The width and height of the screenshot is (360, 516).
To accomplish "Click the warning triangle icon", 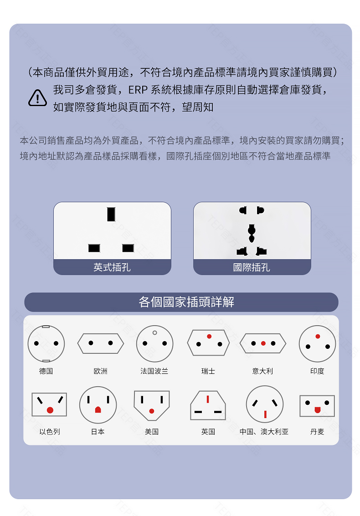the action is coord(37,98).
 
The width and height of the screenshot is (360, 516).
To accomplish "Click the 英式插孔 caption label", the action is coord(112,267).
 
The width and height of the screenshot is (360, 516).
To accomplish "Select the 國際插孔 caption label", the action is coord(252,267).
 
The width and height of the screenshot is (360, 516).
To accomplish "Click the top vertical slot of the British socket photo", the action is coord(111,214).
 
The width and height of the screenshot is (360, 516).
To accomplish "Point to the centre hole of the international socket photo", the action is coord(252,233).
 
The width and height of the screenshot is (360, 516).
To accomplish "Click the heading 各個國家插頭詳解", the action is coord(186,302).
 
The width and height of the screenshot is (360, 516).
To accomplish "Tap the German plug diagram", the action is coord(46,343).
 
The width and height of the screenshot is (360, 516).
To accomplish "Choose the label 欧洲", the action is coord(100,371).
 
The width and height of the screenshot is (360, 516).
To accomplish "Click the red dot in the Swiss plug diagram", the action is coord(209,336).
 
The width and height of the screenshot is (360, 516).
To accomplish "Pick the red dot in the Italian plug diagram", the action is coord(263,343).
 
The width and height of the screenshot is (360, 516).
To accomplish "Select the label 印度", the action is coord(317,371).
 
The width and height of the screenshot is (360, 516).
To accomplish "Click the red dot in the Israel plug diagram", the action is coord(50,410).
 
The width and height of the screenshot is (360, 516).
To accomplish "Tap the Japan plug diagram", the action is coord(98,405).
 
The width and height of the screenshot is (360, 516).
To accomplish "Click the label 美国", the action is coord(152,431).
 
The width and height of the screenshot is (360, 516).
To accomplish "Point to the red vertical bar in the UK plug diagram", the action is coord(208,399).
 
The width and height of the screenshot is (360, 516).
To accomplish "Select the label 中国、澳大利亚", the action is coord(264,431).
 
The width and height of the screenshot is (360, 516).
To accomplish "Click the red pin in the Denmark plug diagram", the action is coord(318,410).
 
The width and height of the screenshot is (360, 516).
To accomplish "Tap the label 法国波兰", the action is coord(154,371).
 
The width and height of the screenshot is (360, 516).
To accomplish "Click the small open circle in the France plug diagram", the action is coord(155,333).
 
